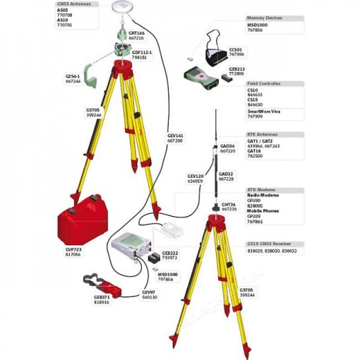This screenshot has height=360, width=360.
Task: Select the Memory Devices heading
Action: pyautogui.click(x=264, y=18)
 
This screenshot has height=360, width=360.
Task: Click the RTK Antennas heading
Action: pyautogui.click(x=263, y=135)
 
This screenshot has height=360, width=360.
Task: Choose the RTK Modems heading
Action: pyautogui.click(x=261, y=189)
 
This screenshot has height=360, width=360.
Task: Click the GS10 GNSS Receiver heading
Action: pyautogui.click(x=268, y=244)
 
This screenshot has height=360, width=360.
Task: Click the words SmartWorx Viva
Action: pyautogui.click(x=264, y=111)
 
